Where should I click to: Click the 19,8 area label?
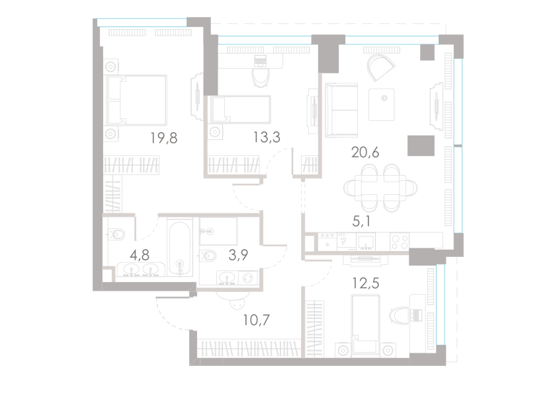click(164, 137)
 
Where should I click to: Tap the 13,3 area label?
click(266, 137)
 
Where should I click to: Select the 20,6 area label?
click(364, 153)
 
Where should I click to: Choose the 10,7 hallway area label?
click(256, 320)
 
